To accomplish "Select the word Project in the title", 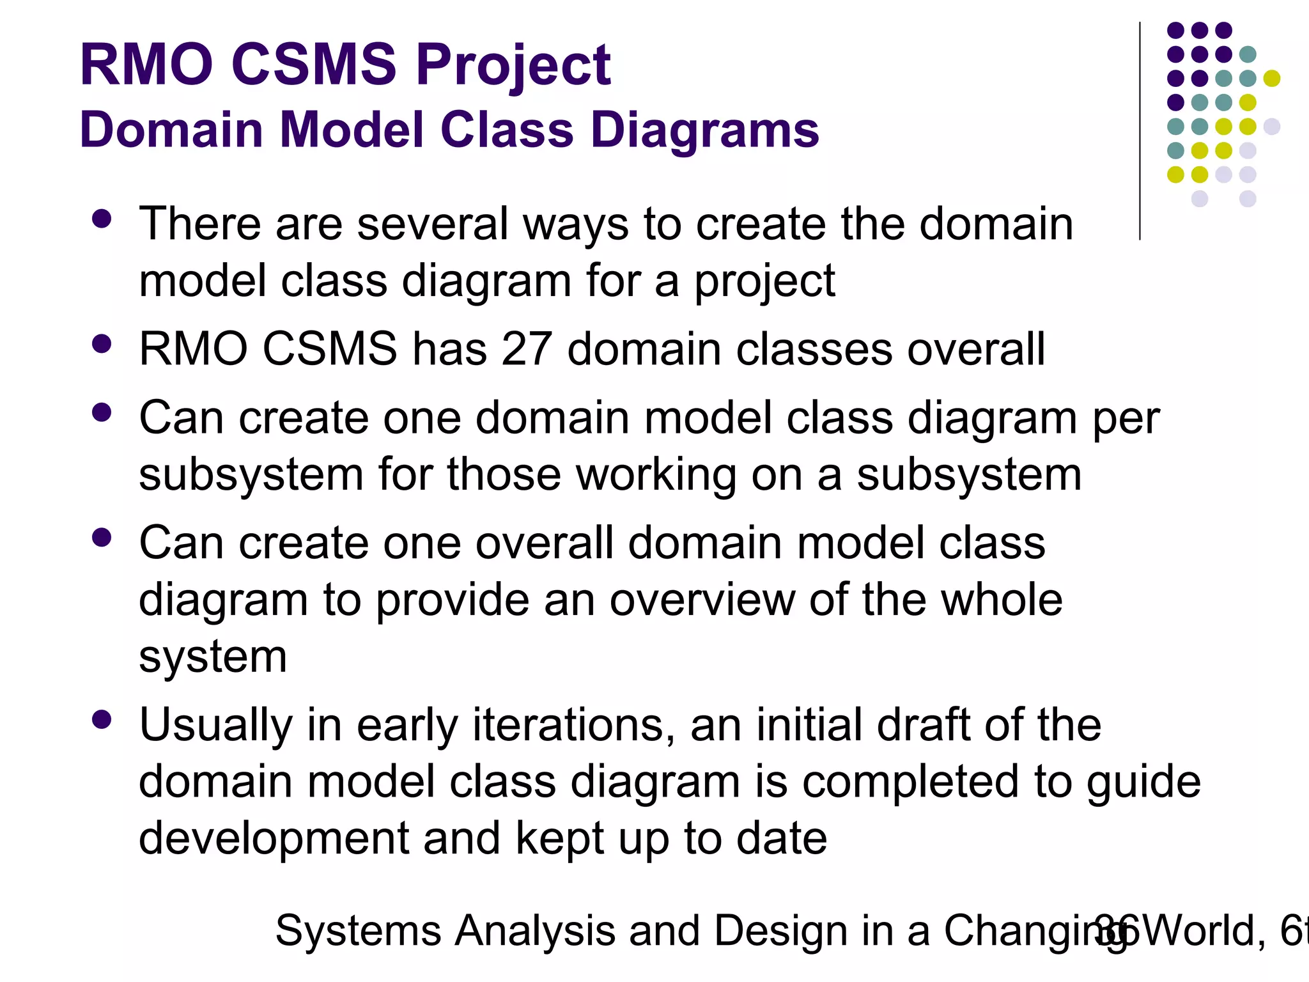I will [x=513, y=66].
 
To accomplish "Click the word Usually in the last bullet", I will [x=215, y=726].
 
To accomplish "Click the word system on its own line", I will [x=213, y=658].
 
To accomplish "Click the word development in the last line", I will [x=274, y=839].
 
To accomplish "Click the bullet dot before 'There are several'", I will [x=102, y=219].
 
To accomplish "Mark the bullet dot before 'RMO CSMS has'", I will [x=102, y=345].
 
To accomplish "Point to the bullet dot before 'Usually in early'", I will [x=102, y=721].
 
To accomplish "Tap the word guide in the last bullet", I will [x=1143, y=783].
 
